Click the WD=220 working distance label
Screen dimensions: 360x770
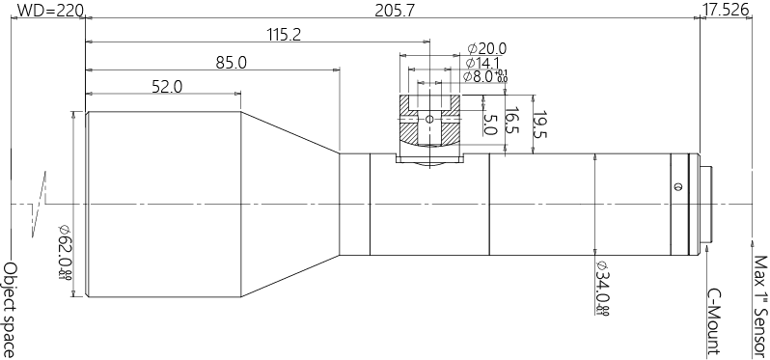43,11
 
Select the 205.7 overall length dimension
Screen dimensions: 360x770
384,11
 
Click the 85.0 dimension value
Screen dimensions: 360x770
231,63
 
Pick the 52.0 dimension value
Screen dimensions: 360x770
166,87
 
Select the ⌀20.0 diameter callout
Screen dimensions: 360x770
486,48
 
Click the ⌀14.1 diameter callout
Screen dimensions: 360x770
484,63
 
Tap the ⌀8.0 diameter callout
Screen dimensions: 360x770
484,76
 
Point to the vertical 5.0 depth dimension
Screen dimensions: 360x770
490,124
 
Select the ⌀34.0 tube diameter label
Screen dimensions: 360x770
601,288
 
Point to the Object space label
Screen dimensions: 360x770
11,309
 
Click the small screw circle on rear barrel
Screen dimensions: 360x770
676,186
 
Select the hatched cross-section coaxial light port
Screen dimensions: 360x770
430,120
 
